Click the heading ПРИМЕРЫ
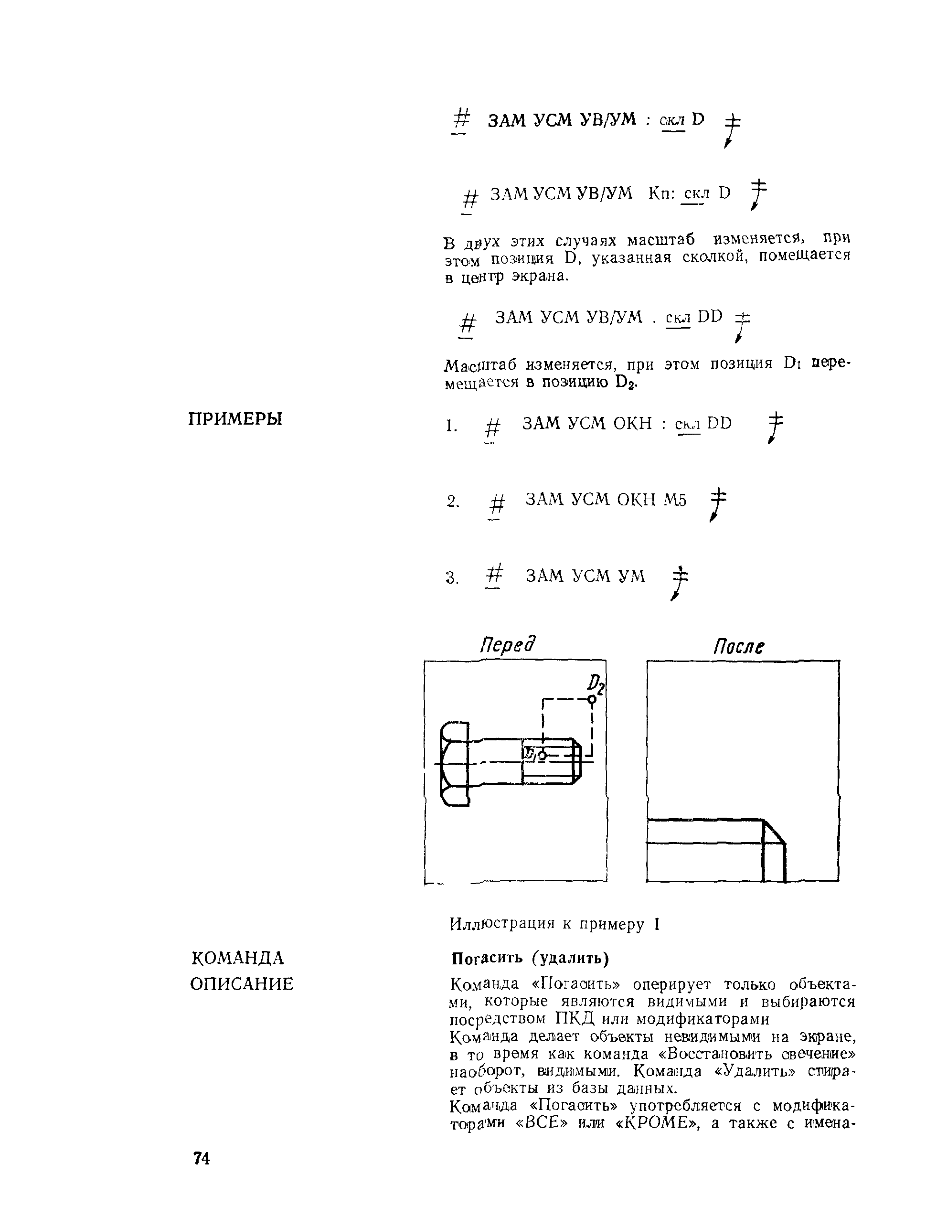click(235, 419)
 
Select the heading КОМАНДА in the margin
click(237, 958)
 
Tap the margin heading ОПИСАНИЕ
click(242, 984)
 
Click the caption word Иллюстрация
click(501, 924)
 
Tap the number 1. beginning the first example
click(451, 426)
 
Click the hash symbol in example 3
click(494, 576)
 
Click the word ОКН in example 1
click(633, 423)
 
